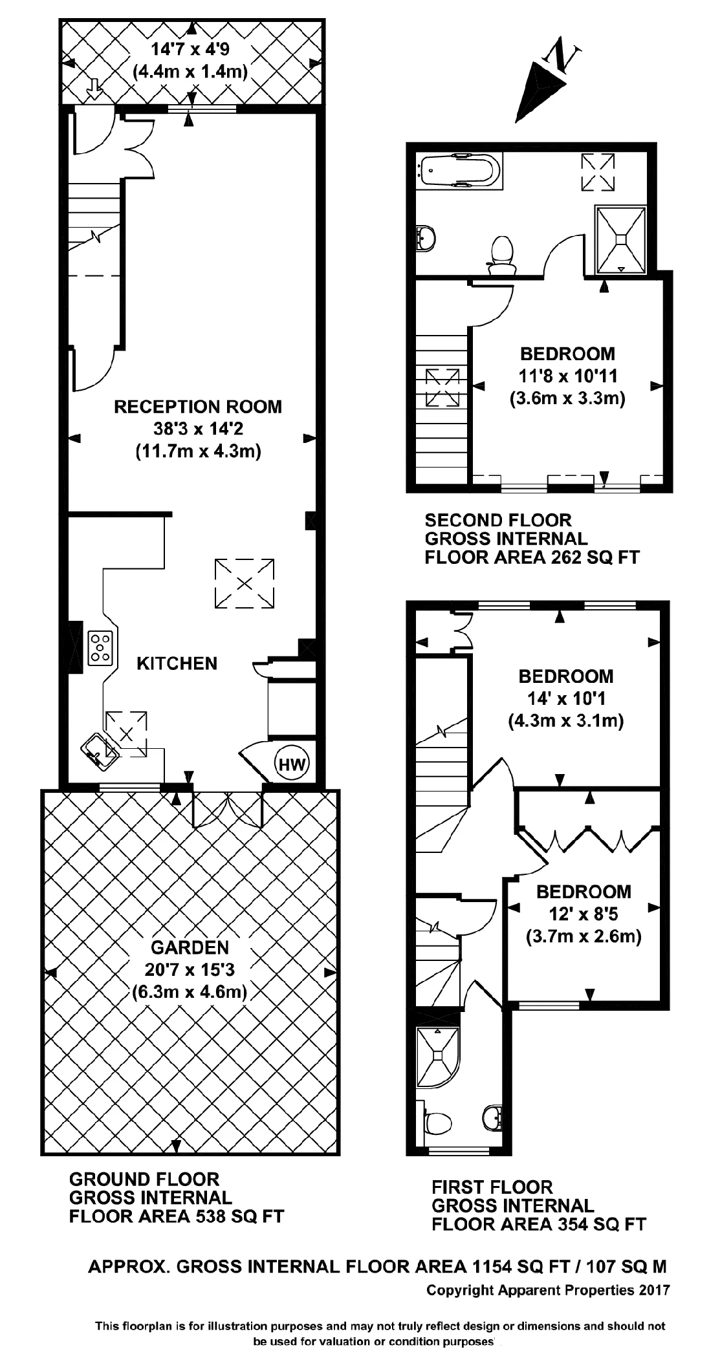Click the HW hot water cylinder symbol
292,765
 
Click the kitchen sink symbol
99,751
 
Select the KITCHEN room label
177,663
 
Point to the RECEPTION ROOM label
198,407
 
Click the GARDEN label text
190,948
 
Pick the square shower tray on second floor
620,239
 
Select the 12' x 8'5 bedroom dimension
584,914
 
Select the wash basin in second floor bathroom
426,238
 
